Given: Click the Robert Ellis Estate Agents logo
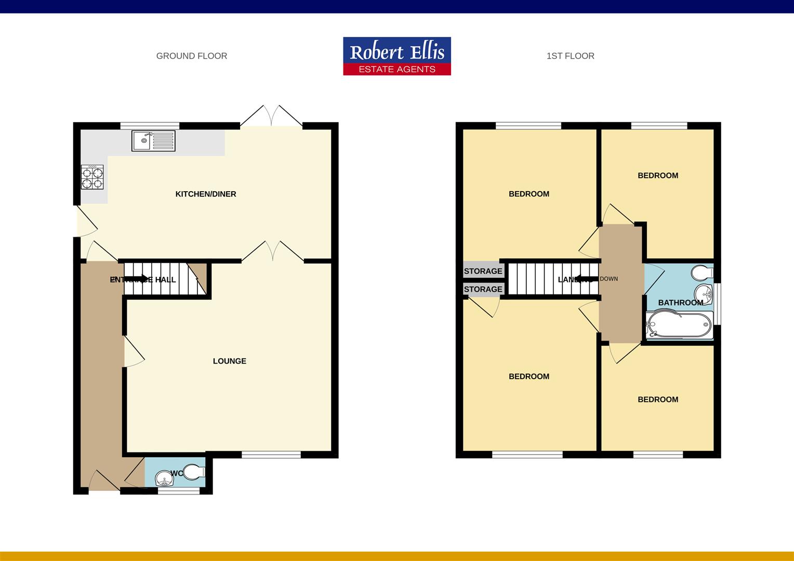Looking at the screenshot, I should click(397, 56).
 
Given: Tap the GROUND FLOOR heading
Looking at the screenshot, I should click(192, 56).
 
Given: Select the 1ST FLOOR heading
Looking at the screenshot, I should click(570, 56).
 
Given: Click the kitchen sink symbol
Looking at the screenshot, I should click(154, 141).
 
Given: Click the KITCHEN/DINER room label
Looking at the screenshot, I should click(206, 194).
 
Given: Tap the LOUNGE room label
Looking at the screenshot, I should click(230, 361).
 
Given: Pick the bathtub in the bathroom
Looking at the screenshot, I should click(679, 325).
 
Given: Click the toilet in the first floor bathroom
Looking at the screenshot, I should click(703, 272).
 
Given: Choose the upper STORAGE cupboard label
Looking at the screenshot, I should click(483, 271).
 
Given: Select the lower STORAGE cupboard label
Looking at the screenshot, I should click(483, 289).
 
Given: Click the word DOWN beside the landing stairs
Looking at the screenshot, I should click(609, 279).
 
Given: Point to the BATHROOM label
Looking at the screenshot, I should click(680, 303).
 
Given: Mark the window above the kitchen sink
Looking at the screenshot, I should click(150, 125).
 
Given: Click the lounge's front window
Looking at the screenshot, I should click(271, 455).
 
